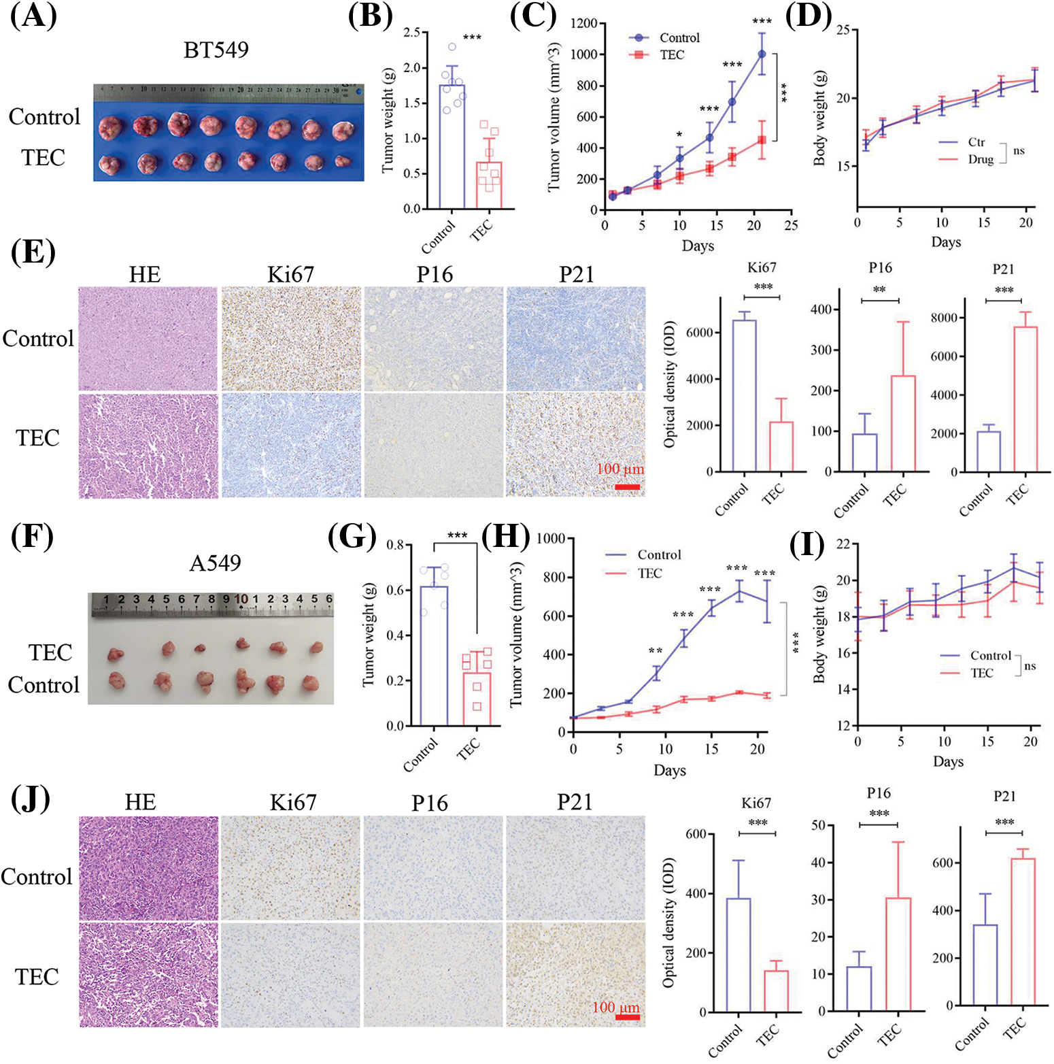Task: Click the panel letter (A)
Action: [33, 16]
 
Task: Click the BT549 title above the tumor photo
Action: [216, 50]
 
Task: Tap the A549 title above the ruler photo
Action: [215, 563]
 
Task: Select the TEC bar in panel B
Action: [488, 184]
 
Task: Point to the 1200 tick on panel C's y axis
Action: [583, 24]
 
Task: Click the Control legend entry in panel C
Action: [679, 38]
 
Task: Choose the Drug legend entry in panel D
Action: [981, 159]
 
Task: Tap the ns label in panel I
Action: [1030, 666]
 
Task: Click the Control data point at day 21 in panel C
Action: [762, 54]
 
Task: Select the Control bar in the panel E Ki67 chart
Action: [744, 396]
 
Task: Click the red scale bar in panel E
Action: [627, 486]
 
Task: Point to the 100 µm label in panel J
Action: [615, 1007]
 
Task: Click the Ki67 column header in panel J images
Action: [293, 802]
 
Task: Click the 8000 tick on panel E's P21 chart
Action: [944, 318]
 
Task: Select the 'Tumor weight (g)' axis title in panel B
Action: [388, 120]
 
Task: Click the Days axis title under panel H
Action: [669, 770]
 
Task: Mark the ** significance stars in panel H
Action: [656, 652]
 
